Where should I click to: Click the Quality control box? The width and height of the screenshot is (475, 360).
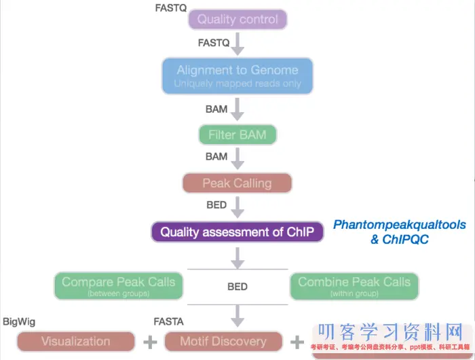click(x=237, y=19)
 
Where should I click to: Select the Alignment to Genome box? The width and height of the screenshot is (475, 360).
click(x=237, y=75)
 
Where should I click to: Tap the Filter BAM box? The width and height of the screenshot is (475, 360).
click(x=237, y=134)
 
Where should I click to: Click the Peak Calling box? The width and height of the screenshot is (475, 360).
click(x=237, y=183)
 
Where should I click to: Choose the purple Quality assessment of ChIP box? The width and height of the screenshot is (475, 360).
click(x=237, y=232)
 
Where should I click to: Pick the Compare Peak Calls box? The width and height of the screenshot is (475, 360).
click(x=119, y=286)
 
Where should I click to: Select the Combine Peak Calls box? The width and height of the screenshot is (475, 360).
click(x=354, y=286)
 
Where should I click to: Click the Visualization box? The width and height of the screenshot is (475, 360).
click(x=75, y=341)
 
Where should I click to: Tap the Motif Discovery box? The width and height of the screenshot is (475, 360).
click(x=223, y=341)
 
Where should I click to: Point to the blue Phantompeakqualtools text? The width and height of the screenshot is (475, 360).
click(x=400, y=225)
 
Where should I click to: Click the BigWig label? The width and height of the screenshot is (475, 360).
click(x=19, y=321)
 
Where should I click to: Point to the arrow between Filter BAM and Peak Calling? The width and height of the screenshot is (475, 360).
click(x=237, y=158)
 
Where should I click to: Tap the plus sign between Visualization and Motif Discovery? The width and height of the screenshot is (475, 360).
click(x=149, y=342)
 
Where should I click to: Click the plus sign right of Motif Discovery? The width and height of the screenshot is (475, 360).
click(x=297, y=342)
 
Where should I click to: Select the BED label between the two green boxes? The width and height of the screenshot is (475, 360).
click(x=237, y=287)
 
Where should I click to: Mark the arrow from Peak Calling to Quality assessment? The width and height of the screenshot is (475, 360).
click(x=237, y=206)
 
